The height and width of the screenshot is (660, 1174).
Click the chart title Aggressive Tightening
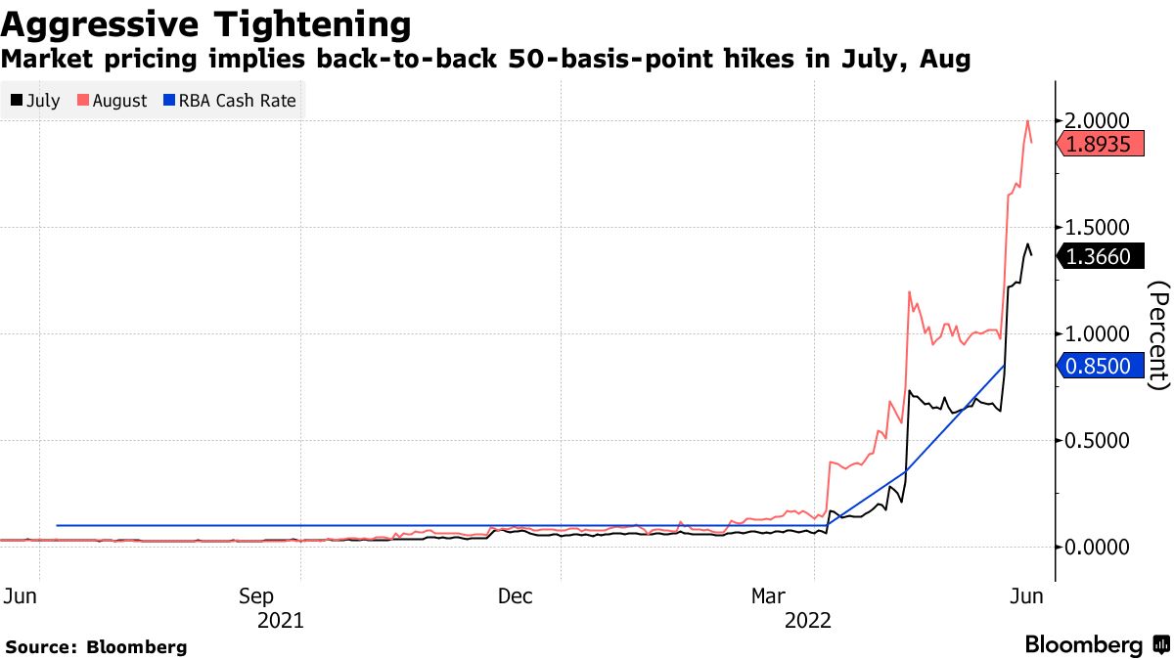click(x=206, y=22)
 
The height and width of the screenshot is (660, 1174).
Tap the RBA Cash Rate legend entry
click(x=229, y=101)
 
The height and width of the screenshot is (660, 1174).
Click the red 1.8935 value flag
click(x=1101, y=146)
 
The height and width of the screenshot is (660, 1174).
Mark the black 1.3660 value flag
click(x=1101, y=257)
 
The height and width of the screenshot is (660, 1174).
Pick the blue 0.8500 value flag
click(x=1101, y=367)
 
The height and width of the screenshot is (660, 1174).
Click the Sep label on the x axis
click(x=256, y=595)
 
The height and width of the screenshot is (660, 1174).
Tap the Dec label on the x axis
click(x=515, y=595)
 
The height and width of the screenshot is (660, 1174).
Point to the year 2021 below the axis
click(x=279, y=620)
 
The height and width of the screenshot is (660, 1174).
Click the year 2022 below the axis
click(x=807, y=620)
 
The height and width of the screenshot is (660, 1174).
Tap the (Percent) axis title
click(x=1158, y=334)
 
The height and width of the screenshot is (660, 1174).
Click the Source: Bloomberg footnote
click(x=97, y=646)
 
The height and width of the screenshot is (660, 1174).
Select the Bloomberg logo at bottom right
click(x=1096, y=645)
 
